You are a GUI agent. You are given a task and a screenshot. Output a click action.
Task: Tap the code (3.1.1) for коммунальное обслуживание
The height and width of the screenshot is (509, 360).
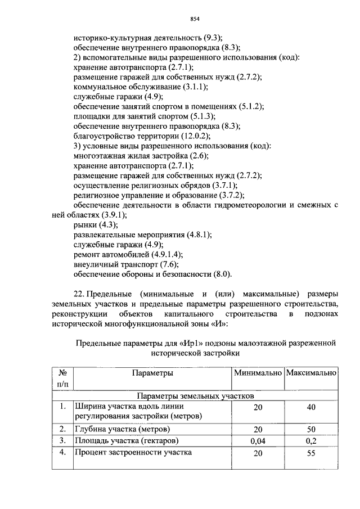195,87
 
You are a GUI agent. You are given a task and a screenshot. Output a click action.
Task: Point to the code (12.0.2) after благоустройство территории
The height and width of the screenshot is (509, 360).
197,136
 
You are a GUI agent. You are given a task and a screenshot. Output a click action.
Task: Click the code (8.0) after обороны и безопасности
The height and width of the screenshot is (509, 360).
219,274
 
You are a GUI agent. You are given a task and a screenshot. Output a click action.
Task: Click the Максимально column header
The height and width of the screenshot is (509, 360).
311,373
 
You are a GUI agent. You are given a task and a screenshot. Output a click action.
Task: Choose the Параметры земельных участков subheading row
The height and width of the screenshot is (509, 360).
198,395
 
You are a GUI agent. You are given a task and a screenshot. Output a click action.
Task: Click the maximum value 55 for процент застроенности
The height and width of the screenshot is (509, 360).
311,453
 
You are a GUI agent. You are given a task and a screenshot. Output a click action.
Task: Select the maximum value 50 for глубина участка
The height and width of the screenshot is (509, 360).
311,429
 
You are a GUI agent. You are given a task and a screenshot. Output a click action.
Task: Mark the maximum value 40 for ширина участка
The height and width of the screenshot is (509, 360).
311,407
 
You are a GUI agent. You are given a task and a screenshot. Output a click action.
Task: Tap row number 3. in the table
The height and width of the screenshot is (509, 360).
62,441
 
